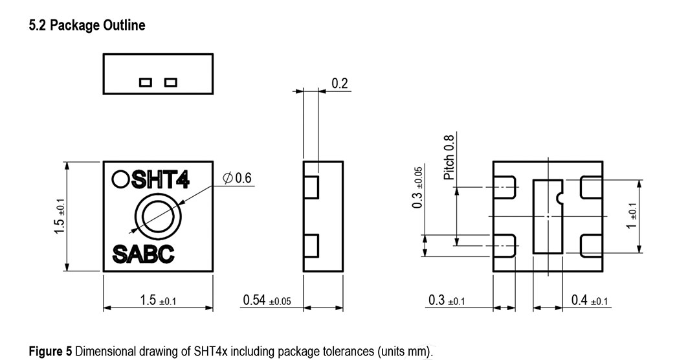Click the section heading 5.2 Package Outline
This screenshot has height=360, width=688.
[87, 26]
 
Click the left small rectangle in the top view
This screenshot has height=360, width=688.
[145, 82]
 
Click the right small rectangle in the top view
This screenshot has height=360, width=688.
[170, 82]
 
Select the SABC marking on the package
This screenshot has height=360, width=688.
[143, 254]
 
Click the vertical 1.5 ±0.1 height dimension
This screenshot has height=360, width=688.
[60, 217]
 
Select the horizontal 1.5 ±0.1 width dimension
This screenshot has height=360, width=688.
[158, 300]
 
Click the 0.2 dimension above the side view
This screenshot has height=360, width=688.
[339, 84]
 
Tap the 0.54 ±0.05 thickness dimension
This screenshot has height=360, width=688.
[267, 300]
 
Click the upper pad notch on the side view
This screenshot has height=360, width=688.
[311, 186]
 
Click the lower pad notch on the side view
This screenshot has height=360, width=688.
[311, 246]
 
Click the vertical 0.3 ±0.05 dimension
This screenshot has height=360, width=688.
[418, 187]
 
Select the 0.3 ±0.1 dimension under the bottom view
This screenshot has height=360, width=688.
[446, 300]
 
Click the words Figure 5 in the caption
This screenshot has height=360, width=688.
[50, 352]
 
